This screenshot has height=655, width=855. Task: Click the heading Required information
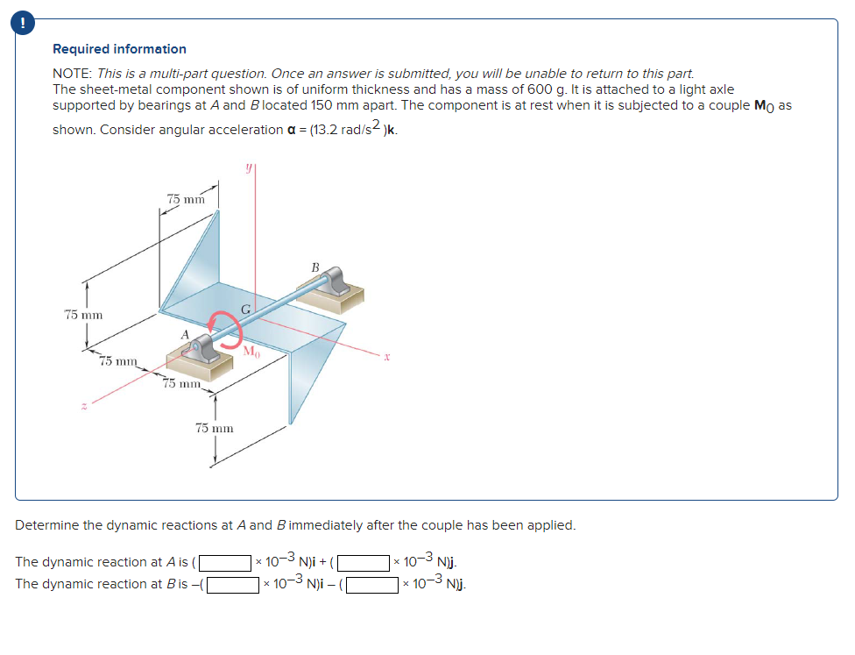[119, 49]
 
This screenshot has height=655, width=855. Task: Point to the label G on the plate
[246, 309]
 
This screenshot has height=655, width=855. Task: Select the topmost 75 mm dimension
[186, 199]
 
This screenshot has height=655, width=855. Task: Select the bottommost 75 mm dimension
[214, 428]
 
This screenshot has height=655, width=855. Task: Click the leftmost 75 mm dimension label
[84, 314]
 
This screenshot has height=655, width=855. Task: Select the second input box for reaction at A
[364, 562]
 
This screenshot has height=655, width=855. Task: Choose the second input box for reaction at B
[374, 584]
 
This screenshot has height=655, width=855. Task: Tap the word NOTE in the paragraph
[73, 75]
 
